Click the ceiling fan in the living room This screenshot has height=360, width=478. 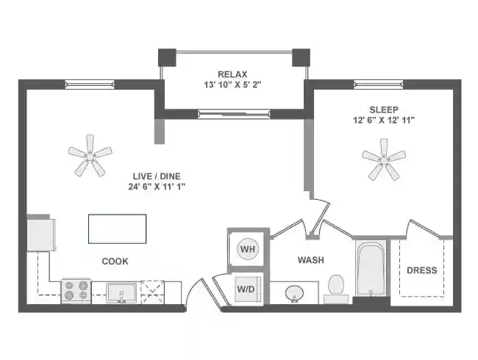[90, 154]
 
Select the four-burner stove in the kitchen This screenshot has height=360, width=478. [75, 291]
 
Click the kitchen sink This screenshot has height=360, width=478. [121, 292]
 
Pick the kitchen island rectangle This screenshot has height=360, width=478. [117, 228]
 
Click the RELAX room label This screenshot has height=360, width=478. [232, 73]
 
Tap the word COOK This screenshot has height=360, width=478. [115, 261]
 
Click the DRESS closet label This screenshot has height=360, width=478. [421, 270]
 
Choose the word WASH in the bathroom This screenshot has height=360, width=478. [310, 260]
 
